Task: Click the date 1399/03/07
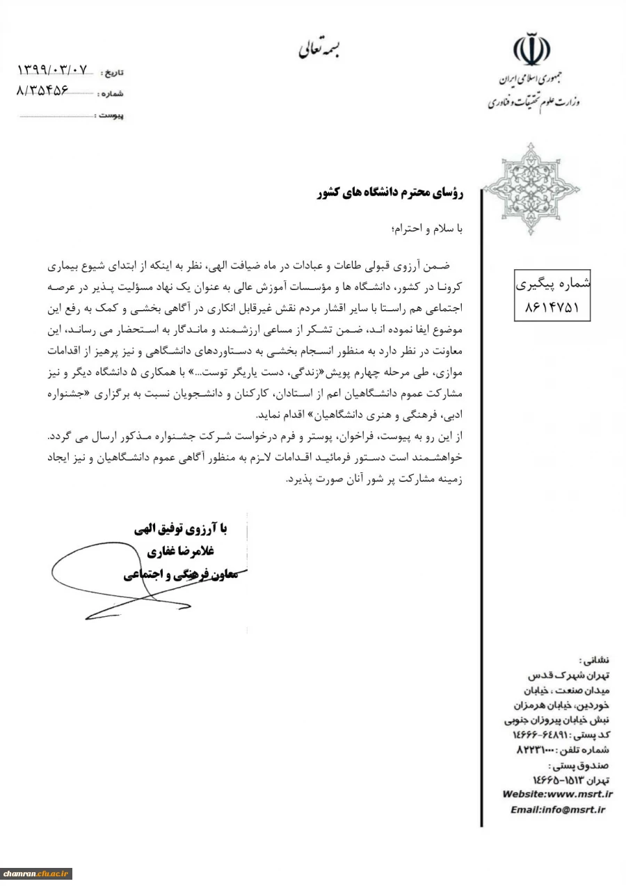coord(54,70)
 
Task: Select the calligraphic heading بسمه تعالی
coord(321,49)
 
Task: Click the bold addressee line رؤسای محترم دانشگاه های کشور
coord(390,195)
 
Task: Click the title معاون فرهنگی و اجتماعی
coord(182,574)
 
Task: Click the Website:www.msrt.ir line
coord(557,794)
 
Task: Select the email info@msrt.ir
coord(558,810)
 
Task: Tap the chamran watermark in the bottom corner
coord(36,873)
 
